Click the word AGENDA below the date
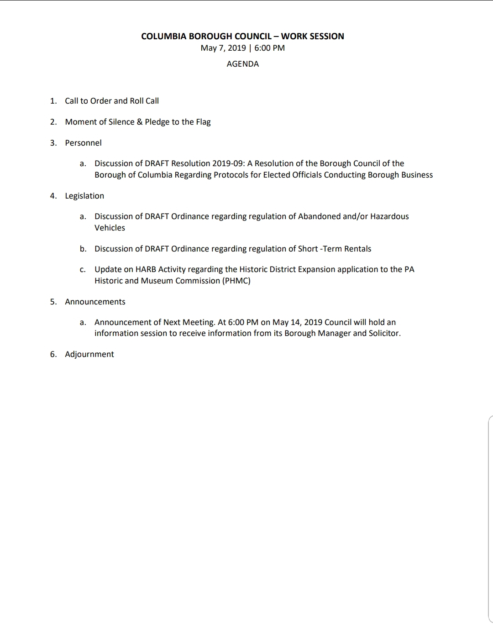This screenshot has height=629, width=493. point(242,64)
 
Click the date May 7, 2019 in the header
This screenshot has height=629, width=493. point(223,48)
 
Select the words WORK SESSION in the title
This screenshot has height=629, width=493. point(313,37)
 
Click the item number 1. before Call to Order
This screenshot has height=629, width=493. point(53,101)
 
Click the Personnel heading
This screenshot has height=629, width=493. point(83,143)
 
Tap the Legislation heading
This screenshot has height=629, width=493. point(84,196)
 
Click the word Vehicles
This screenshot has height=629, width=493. point(110,228)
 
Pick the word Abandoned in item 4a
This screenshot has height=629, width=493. point(319,216)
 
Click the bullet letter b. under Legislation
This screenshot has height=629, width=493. point(83,249)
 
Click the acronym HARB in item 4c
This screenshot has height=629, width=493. point(146,269)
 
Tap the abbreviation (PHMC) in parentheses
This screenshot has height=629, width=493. point(236,281)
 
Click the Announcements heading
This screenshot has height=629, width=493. point(95,302)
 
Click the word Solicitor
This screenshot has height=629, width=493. point(384,333)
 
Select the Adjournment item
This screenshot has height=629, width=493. point(89,354)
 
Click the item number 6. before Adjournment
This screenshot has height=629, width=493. point(53,354)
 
